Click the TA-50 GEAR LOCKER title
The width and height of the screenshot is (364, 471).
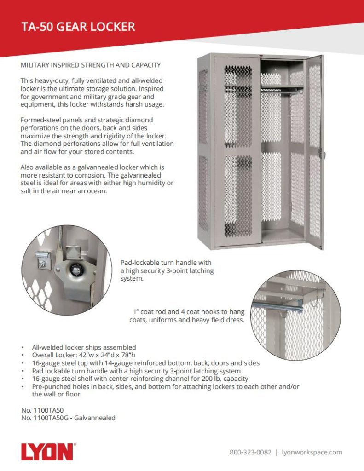pos(78,27)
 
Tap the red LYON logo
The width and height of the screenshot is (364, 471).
pos(47,451)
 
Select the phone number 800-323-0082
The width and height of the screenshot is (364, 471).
pos(250,452)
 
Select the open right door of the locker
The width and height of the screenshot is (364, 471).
pos(315,152)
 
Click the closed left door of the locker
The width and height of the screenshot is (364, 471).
pos(237,152)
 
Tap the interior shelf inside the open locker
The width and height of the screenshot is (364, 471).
pos(282,88)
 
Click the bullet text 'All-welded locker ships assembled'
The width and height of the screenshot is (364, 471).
pos(84,347)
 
